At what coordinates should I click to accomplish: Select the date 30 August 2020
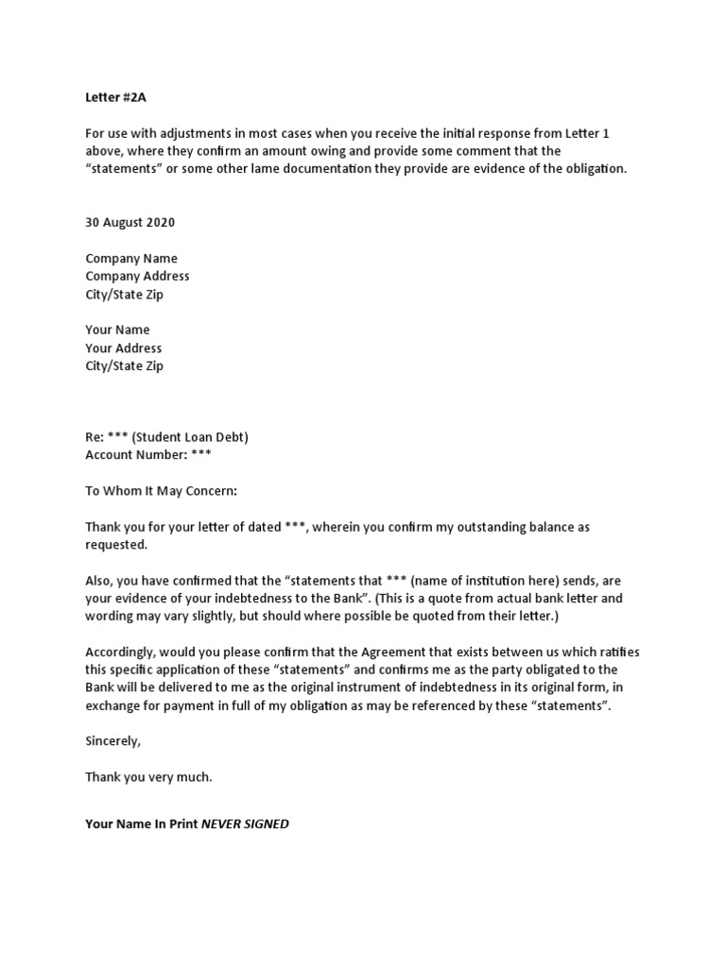[x=130, y=223]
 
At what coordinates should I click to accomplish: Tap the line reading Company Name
[x=131, y=259]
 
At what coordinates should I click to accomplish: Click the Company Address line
[x=137, y=277]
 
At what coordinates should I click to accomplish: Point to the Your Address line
[x=123, y=348]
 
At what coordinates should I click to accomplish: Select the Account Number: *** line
[x=148, y=455]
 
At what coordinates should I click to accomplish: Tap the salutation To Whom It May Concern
[x=162, y=491]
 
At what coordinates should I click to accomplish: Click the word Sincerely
[x=112, y=741]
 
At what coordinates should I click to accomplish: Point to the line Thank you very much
[x=148, y=777]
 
